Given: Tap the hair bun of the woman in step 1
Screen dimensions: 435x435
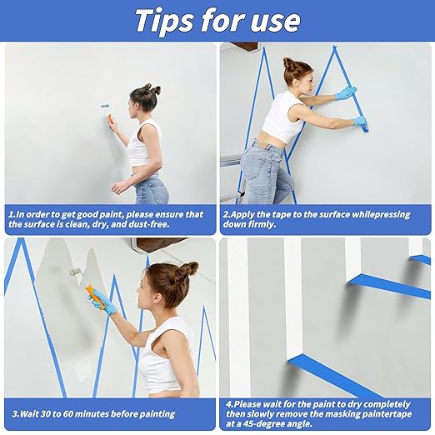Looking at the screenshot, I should tap(154, 89).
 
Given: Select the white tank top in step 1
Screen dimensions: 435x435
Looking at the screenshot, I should tap(143, 146).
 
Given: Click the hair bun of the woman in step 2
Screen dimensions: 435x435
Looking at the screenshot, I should tap(288, 63).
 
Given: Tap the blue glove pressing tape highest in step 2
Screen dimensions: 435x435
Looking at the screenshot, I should tap(346, 92).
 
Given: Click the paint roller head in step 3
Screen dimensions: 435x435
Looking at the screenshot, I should tap(74, 273).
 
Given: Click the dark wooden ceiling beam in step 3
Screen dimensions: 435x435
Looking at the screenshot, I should tap(159, 244).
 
